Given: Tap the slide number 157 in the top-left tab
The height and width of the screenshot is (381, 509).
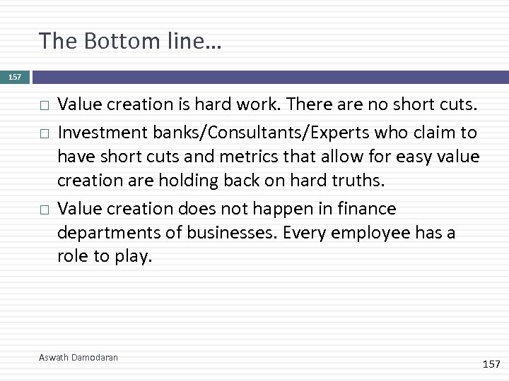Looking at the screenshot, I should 14,77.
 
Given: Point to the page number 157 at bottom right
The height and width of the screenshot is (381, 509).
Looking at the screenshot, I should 491,363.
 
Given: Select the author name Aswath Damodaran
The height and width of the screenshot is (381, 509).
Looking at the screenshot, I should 78,358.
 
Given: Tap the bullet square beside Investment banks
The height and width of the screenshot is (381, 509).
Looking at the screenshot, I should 44,133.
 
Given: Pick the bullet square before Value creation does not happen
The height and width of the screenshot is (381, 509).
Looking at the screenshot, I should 44,210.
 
